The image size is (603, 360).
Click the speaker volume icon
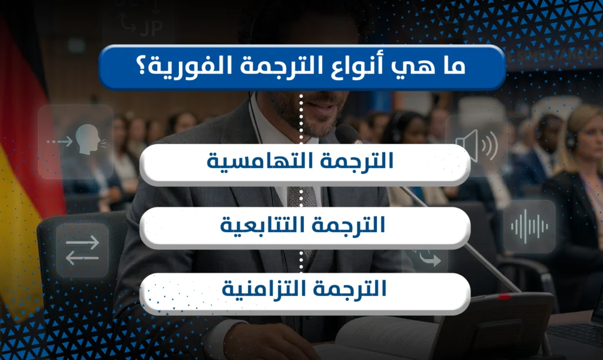[x=476, y=145]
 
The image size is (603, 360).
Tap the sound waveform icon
[x=529, y=227]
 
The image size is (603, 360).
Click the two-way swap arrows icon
[x=82, y=250]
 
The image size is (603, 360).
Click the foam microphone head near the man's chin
[x=347, y=134]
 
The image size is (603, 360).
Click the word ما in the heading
[x=450, y=66]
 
